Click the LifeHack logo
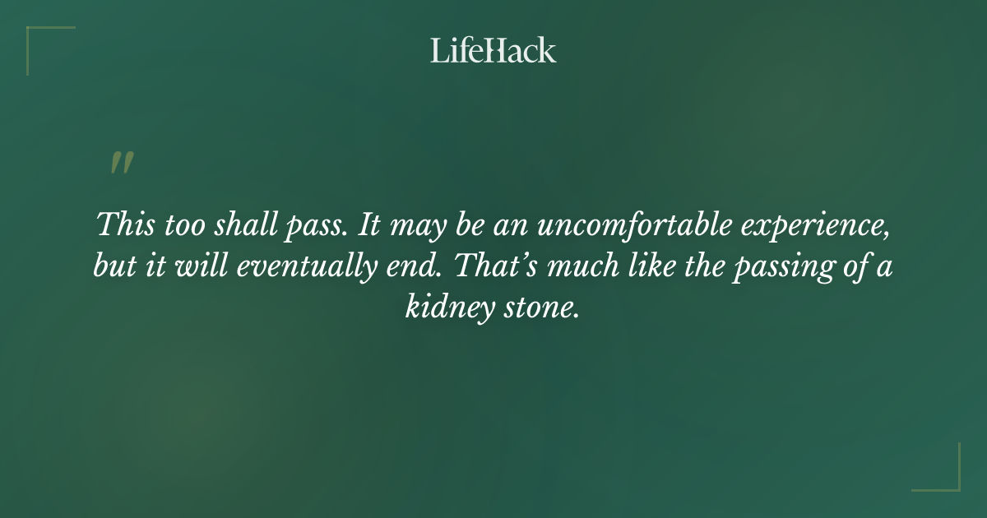click(x=493, y=50)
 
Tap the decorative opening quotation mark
click(x=121, y=163)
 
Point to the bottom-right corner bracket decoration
click(x=946, y=477)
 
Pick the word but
click(x=111, y=266)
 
